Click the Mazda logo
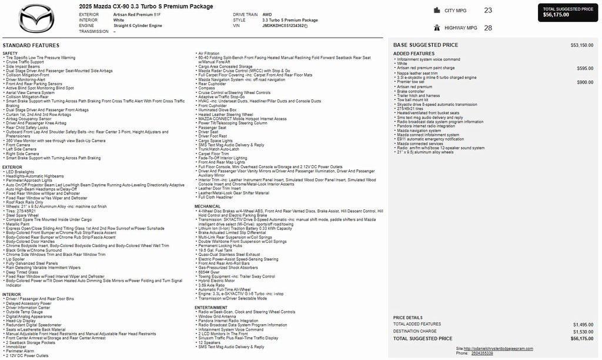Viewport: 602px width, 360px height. pyautogui.click(x=36, y=18)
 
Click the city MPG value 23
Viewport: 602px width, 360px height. pyautogui.click(x=488, y=11)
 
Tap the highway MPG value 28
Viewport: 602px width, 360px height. pyautogui.click(x=488, y=28)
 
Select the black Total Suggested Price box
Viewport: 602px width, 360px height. pyautogui.click(x=568, y=12)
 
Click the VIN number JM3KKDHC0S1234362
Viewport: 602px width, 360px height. pyautogui.click(x=283, y=26)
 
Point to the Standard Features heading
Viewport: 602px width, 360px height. pyautogui.click(x=31, y=45)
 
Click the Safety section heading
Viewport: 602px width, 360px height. pyautogui.click(x=10, y=54)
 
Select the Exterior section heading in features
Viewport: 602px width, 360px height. pyautogui.click(x=12, y=167)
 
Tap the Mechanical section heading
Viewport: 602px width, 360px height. pyautogui.click(x=208, y=206)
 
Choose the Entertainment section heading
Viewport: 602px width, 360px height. pyautogui.click(x=211, y=307)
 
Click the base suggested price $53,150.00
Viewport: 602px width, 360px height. pyautogui.click(x=581, y=45)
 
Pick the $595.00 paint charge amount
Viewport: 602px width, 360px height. pyautogui.click(x=585, y=68)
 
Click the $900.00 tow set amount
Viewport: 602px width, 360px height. pyautogui.click(x=585, y=82)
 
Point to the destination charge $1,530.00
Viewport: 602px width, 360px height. pyautogui.click(x=583, y=331)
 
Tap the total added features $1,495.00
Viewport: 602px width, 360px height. pyautogui.click(x=583, y=324)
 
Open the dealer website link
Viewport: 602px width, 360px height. pyautogui.click(x=500, y=348)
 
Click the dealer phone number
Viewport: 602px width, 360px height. pyautogui.click(x=482, y=353)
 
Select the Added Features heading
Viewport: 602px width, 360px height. pyautogui.click(x=414, y=54)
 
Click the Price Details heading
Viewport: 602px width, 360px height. pyautogui.click(x=407, y=317)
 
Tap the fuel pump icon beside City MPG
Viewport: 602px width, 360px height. pyautogui.click(x=437, y=10)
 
